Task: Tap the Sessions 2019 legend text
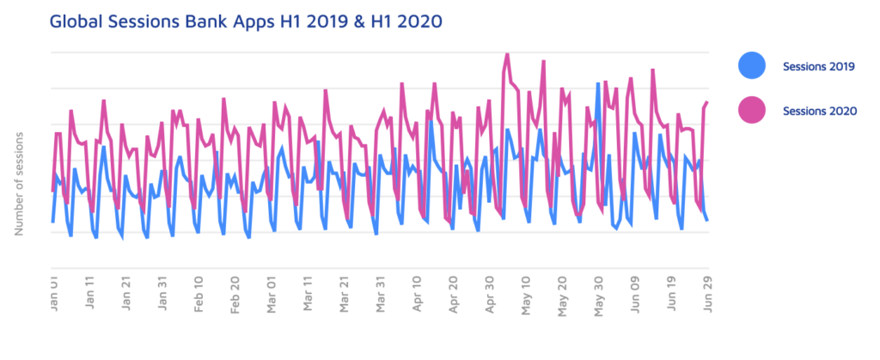tap(818, 66)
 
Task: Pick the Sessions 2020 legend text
tap(818, 111)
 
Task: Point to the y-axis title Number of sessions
tap(19, 183)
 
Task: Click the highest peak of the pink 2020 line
tap(507, 53)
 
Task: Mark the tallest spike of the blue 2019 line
tap(598, 83)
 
